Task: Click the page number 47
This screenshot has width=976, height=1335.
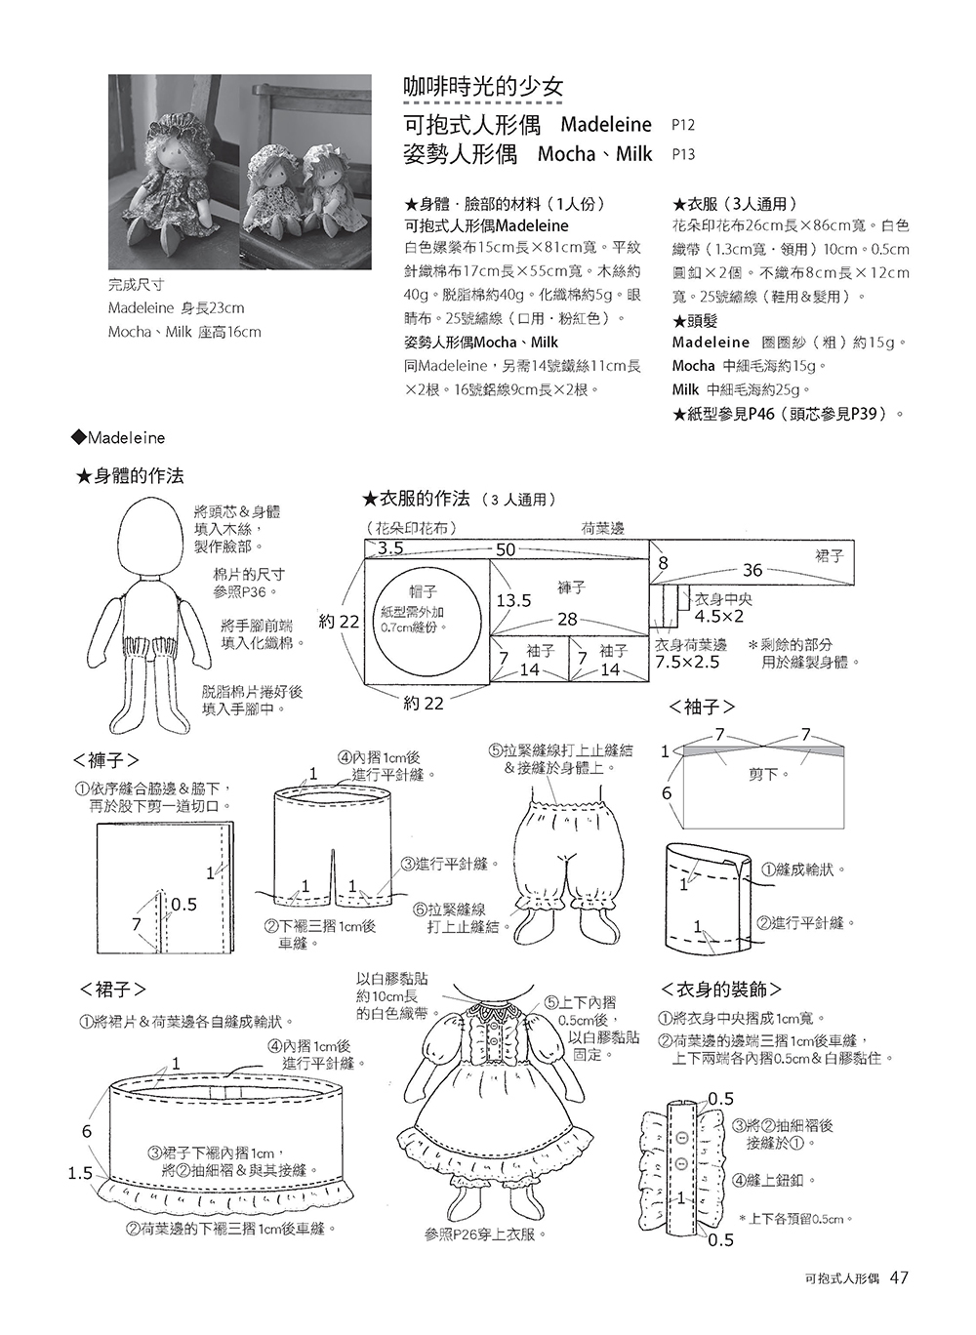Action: (900, 1277)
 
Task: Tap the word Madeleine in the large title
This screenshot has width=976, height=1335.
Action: (606, 125)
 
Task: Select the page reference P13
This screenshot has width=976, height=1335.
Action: (683, 154)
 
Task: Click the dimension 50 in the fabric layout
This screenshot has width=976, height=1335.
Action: (506, 549)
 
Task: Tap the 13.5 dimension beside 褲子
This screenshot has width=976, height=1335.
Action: (514, 600)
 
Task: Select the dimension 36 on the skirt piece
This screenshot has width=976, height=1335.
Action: (752, 570)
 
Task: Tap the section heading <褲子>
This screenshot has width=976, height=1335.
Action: (106, 759)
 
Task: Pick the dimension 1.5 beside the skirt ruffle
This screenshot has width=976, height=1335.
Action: (80, 1172)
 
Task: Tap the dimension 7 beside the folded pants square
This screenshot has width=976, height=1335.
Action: (137, 922)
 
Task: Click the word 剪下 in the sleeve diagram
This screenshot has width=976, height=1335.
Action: (763, 774)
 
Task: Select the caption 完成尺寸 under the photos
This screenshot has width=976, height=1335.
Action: (136, 286)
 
